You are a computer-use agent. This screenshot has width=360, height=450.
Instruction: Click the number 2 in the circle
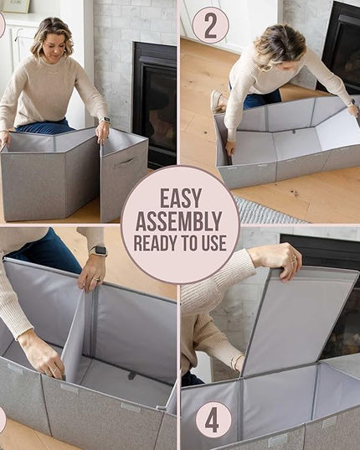tap(211, 27)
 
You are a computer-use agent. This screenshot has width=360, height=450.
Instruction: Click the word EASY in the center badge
tap(181, 199)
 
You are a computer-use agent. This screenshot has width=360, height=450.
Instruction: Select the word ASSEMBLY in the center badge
tap(179, 221)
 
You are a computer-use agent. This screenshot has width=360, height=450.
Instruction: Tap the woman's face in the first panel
tap(54, 45)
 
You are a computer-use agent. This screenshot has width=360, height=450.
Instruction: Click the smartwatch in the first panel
tap(105, 120)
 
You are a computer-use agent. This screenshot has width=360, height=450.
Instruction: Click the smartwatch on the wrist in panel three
tap(98, 251)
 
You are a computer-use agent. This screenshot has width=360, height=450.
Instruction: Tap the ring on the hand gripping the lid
tap(293, 261)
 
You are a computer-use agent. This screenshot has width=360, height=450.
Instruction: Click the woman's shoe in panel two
tap(217, 101)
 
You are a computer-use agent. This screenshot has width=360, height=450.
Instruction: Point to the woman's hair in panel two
tap(270, 46)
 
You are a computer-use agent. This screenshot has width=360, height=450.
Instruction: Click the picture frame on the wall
tap(16, 6)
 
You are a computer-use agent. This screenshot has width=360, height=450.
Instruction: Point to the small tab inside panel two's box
tap(293, 132)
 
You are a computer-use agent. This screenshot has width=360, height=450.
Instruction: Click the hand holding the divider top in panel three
tap(92, 277)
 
